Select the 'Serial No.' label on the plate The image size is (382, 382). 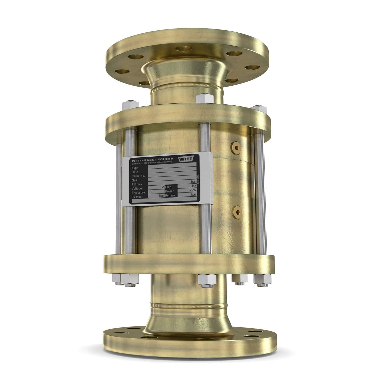click(138, 176)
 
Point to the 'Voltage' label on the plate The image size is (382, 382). click(137, 188)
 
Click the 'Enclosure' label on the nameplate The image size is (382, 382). click(138, 193)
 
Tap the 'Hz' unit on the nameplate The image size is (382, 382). click(194, 186)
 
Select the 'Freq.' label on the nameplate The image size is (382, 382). click(169, 187)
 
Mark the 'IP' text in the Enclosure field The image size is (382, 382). click(150, 192)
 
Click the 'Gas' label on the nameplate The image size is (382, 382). click(134, 180)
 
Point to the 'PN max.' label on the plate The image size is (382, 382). click(137, 184)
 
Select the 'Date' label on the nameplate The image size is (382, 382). click(135, 172)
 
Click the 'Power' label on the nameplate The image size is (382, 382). click(169, 191)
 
